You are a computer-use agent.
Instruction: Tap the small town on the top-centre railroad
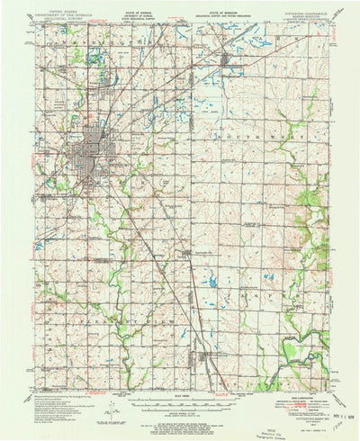(227, 61)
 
